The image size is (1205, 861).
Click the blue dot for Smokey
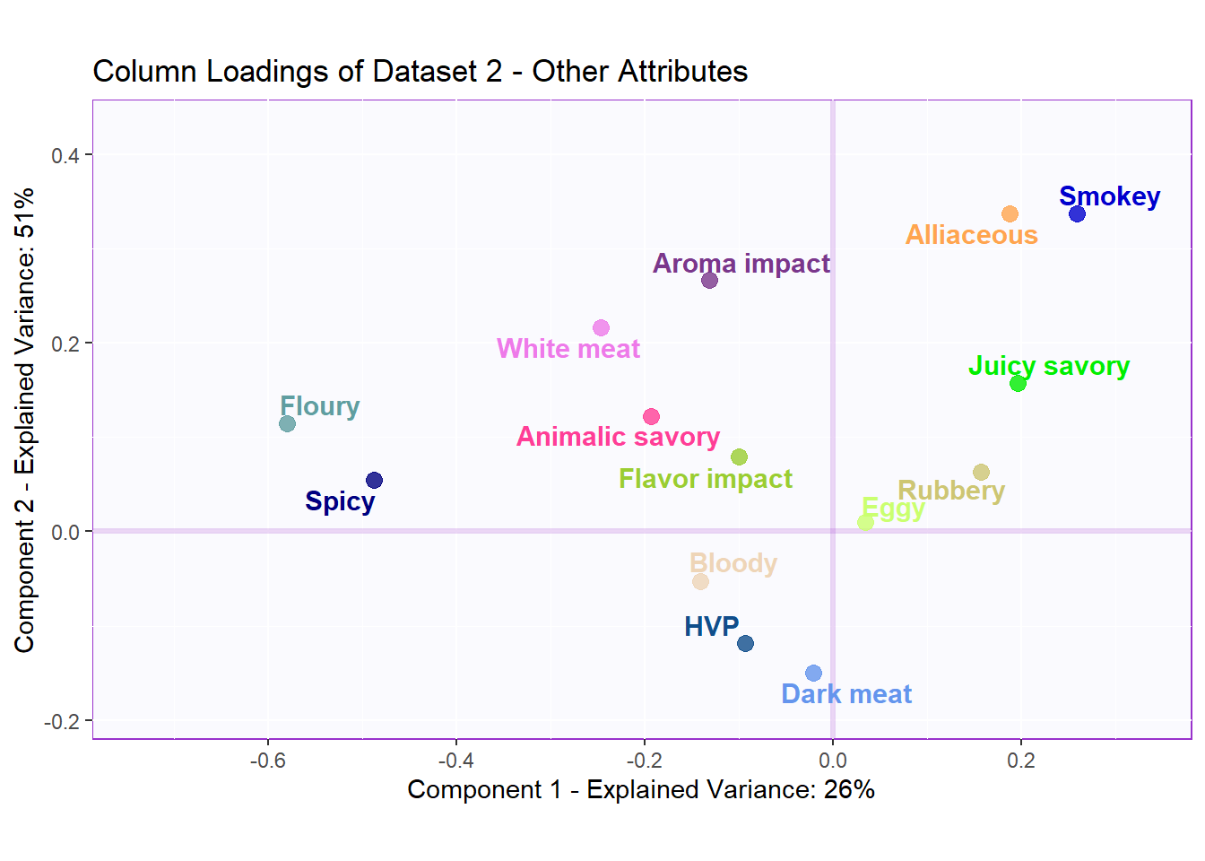[x=1077, y=213]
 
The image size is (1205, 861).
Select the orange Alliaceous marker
[x=1010, y=213]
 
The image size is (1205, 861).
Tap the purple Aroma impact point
[x=709, y=280]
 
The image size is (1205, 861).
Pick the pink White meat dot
[x=601, y=328]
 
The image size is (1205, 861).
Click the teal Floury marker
[x=287, y=423]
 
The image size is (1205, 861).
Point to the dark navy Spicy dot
[x=374, y=480]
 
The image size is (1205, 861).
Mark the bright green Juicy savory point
[x=1018, y=383]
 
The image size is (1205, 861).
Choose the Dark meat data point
[x=813, y=673]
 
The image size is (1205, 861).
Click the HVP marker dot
[x=745, y=643]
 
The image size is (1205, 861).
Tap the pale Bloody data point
[x=700, y=581]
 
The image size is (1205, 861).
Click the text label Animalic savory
[x=618, y=437]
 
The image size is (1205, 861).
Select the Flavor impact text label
[x=706, y=479]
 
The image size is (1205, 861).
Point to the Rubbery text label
[x=951, y=491]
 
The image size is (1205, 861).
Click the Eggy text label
[x=893, y=509]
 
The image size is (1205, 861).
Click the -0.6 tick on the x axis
[x=267, y=761]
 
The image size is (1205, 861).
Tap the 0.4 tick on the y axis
[x=65, y=155]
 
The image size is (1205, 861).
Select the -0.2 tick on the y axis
[x=61, y=721]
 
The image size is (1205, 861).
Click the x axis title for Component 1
[x=641, y=789]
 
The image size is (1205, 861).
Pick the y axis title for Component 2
[x=24, y=420]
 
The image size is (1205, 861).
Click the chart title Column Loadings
[x=420, y=71]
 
